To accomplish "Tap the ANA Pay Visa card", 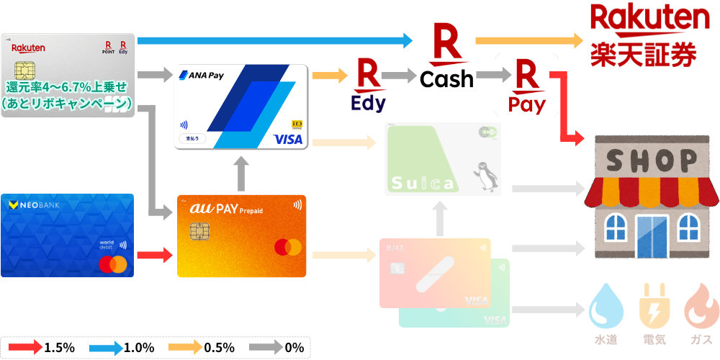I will [242, 107].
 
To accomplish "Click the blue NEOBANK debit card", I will [67, 235].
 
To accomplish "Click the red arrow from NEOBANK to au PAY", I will [155, 254].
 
